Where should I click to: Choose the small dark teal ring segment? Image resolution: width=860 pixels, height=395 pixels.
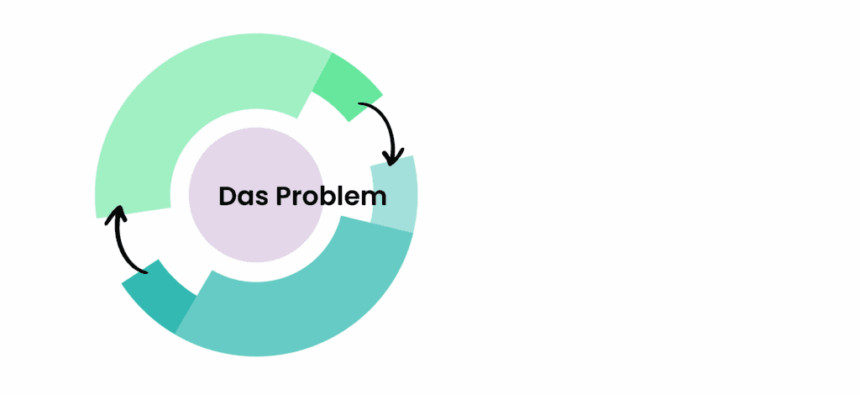158,296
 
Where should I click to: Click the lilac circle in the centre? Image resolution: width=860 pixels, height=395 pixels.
256,195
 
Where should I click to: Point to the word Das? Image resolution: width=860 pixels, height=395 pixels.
240,196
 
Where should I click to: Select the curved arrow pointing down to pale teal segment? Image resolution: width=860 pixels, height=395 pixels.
391,124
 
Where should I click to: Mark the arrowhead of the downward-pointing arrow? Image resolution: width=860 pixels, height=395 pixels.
391,156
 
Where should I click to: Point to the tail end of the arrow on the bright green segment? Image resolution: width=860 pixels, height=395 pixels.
359,103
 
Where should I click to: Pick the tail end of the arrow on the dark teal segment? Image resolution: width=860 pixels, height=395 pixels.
146,271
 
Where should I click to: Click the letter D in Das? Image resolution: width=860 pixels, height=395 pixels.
227,196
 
